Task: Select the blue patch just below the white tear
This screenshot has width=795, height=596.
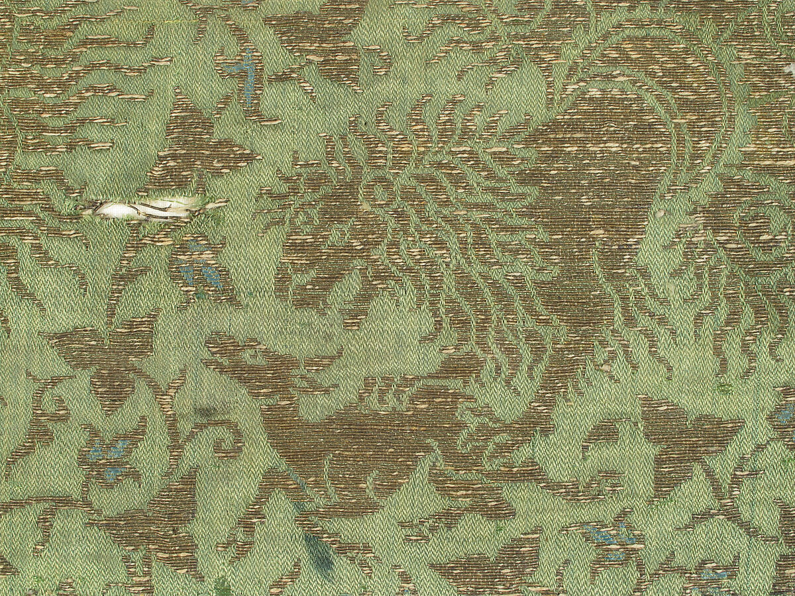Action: point(199,272)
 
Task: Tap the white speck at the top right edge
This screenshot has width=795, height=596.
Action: point(790,68)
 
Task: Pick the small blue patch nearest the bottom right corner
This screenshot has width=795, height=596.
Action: point(712,576)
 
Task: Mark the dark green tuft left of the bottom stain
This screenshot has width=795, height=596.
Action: point(222,586)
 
